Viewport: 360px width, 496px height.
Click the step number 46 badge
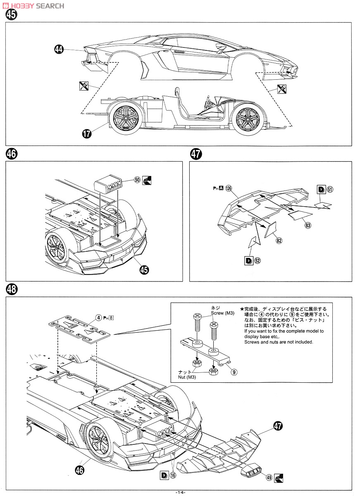12,154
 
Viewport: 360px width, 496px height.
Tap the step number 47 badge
196,154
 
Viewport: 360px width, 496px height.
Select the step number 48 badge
12,289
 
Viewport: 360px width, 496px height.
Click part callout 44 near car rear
59,50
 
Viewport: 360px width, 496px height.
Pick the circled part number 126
229,188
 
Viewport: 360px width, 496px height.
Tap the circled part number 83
308,225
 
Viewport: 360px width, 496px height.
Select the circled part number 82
279,241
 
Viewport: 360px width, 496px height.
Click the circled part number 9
234,372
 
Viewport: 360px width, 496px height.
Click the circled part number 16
173,475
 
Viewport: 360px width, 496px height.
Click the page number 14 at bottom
180,492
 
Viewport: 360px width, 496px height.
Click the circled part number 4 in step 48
98,317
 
